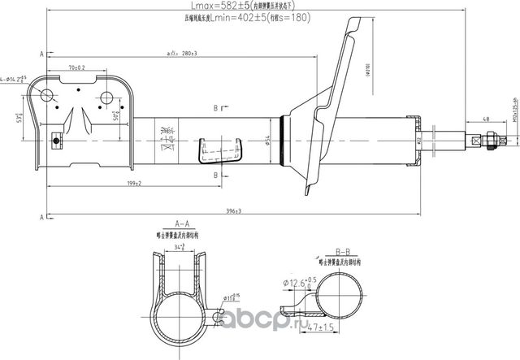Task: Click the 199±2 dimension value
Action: click(134, 183)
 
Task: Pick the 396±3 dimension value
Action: click(234, 210)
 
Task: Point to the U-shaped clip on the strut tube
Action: click(230, 150)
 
